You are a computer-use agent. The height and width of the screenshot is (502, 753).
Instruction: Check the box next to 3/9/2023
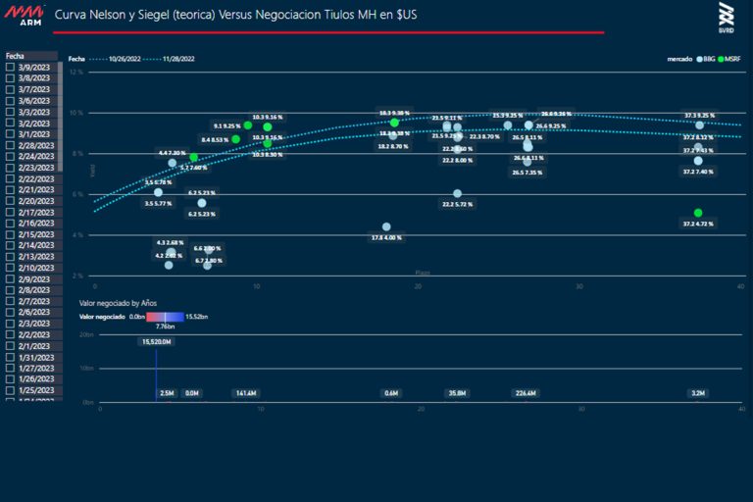pyautogui.click(x=10, y=67)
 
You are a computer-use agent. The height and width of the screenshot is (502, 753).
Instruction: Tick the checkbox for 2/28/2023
pyautogui.click(x=10, y=145)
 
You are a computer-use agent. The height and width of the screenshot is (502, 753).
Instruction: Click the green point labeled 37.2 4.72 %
pyautogui.click(x=698, y=213)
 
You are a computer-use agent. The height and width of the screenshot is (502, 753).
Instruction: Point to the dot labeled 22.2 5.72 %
pyautogui.click(x=458, y=193)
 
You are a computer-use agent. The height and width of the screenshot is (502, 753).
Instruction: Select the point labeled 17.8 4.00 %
pyautogui.click(x=386, y=226)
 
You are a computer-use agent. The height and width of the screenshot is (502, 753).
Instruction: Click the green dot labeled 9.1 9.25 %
pyautogui.click(x=248, y=125)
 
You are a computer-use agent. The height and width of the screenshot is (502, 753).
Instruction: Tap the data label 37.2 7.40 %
pyautogui.click(x=698, y=172)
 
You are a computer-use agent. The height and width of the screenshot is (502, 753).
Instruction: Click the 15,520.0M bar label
pyautogui.click(x=157, y=342)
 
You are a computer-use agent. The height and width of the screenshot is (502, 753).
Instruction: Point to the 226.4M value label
pyautogui.click(x=526, y=393)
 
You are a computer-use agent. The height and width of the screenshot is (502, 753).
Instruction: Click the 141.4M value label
pyautogui.click(x=245, y=393)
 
